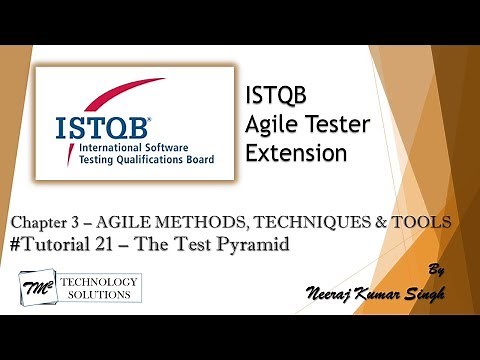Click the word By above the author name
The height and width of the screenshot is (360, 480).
pyautogui.click(x=436, y=269)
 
